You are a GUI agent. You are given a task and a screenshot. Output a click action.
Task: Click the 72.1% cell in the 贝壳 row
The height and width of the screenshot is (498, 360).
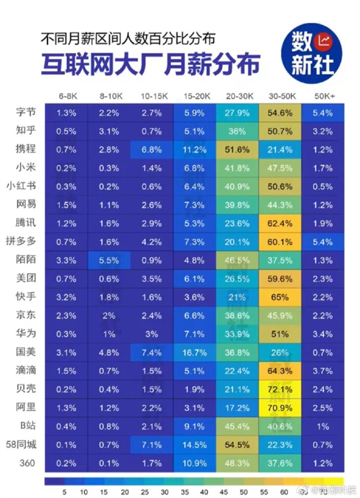(280, 389)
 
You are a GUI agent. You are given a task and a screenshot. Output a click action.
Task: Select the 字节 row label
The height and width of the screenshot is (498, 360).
(27, 112)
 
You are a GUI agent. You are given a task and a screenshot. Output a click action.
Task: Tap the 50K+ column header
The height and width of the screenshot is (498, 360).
(323, 96)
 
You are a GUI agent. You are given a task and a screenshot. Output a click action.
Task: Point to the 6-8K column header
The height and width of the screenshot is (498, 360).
(66, 96)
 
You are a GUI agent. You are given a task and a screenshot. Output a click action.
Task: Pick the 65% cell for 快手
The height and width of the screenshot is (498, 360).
(280, 296)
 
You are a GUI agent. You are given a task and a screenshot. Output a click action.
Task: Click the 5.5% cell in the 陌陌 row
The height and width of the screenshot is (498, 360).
(109, 259)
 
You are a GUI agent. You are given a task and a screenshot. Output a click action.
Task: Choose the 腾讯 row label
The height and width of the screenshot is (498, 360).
(27, 223)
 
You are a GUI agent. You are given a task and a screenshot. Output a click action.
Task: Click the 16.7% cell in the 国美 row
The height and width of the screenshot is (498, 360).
(195, 352)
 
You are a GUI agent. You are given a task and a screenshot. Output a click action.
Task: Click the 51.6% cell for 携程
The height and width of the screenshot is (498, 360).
(238, 149)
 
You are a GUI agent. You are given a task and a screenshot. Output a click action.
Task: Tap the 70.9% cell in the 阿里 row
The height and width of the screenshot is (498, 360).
(280, 407)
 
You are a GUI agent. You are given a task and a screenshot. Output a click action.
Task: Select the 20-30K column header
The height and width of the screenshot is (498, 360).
(238, 96)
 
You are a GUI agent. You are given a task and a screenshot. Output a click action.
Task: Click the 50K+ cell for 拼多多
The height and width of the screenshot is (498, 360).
(323, 241)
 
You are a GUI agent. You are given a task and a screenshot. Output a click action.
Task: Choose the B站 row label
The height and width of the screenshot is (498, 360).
(27, 425)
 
